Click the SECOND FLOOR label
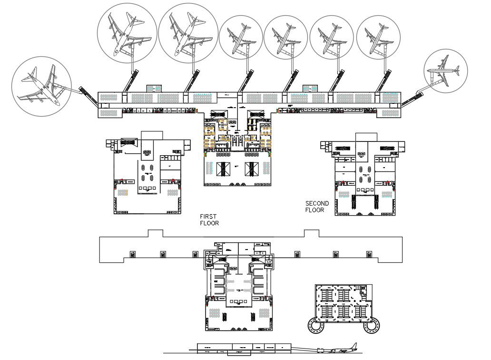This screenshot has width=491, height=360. (x=317, y=207)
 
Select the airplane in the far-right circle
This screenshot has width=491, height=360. (x=445, y=70)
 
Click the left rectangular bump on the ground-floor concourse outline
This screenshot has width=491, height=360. (x=155, y=233)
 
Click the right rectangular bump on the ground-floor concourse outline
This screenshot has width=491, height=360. (x=312, y=233)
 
